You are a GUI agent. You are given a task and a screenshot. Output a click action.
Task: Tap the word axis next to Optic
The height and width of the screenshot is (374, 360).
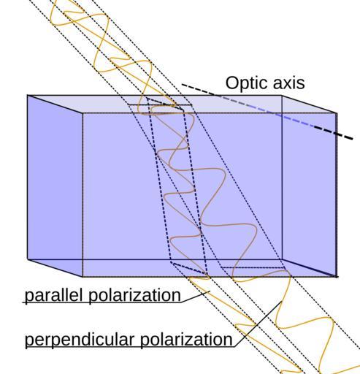tap(289, 83)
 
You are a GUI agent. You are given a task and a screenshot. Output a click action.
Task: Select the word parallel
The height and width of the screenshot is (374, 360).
tap(54, 295)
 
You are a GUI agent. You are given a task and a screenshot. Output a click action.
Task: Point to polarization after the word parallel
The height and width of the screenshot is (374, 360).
tap(134, 295)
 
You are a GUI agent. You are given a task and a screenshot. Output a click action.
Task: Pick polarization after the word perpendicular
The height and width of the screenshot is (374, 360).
tap(186, 339)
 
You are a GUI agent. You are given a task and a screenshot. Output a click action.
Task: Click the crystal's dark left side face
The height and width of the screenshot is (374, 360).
tap(55, 186)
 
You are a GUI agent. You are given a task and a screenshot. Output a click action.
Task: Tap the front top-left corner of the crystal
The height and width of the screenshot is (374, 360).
tap(83, 113)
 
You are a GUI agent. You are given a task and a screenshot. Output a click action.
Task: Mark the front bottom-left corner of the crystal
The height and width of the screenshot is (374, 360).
tap(83, 277)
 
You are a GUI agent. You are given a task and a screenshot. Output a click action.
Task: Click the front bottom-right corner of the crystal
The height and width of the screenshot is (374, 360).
tap(337, 277)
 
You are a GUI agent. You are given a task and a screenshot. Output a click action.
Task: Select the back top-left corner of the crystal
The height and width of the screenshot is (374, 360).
tap(28, 95)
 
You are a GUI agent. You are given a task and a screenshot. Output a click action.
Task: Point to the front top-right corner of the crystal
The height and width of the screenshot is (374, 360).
tap(337, 113)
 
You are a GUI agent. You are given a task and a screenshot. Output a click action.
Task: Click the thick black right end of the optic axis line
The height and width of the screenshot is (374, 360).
tap(334, 133)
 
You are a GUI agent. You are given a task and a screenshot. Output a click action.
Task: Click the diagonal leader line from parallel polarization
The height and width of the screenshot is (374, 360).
tap(196, 297)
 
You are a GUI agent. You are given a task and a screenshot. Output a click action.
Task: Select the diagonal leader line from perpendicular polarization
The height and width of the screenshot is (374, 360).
tap(258, 324)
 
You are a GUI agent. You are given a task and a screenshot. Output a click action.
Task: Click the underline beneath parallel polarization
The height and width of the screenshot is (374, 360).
tap(102, 302)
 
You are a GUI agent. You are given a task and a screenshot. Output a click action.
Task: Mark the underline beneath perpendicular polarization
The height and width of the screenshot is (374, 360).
tap(130, 347)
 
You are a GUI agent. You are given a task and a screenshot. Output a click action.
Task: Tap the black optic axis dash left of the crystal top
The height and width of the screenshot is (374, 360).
tap(199, 89)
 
